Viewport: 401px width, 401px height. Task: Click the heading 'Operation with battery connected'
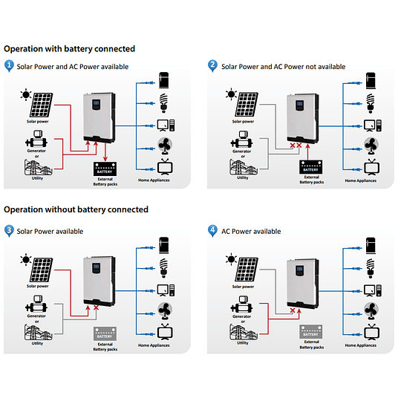(x=69, y=49)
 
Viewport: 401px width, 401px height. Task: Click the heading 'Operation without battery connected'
(x=76, y=209)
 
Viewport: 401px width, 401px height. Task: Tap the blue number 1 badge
(x=9, y=66)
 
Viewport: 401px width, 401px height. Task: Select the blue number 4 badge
(x=214, y=231)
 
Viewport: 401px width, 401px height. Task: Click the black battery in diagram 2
(x=310, y=167)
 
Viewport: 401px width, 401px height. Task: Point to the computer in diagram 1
(x=166, y=124)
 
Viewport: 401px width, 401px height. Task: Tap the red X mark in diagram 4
(x=293, y=311)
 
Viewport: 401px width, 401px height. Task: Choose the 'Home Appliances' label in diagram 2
(x=361, y=180)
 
